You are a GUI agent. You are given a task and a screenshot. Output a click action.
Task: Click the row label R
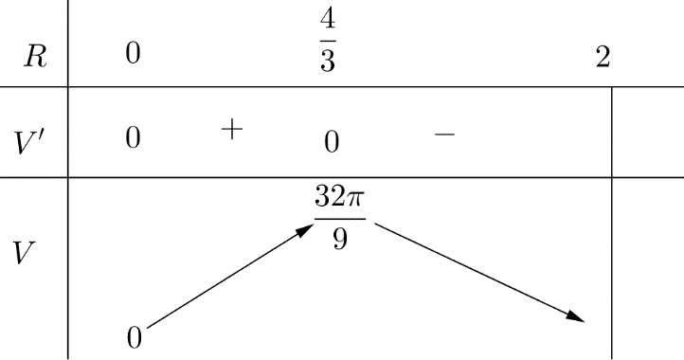35,58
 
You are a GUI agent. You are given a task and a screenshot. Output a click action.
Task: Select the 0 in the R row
133,56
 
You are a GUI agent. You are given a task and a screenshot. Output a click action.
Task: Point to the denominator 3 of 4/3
328,69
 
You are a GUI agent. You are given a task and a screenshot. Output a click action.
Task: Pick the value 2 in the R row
602,57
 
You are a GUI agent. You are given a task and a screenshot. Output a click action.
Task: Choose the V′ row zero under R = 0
133,138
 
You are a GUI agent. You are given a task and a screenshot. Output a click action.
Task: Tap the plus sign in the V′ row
231,131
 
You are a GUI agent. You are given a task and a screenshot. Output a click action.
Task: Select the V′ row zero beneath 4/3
331,144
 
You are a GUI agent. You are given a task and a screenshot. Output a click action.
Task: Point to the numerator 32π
339,202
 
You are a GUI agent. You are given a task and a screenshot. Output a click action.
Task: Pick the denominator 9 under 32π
339,240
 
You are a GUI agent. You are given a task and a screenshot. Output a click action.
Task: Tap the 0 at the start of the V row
135,337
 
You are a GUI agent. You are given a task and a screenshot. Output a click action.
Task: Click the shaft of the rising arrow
227,280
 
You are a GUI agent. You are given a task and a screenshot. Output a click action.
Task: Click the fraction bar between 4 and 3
328,45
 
